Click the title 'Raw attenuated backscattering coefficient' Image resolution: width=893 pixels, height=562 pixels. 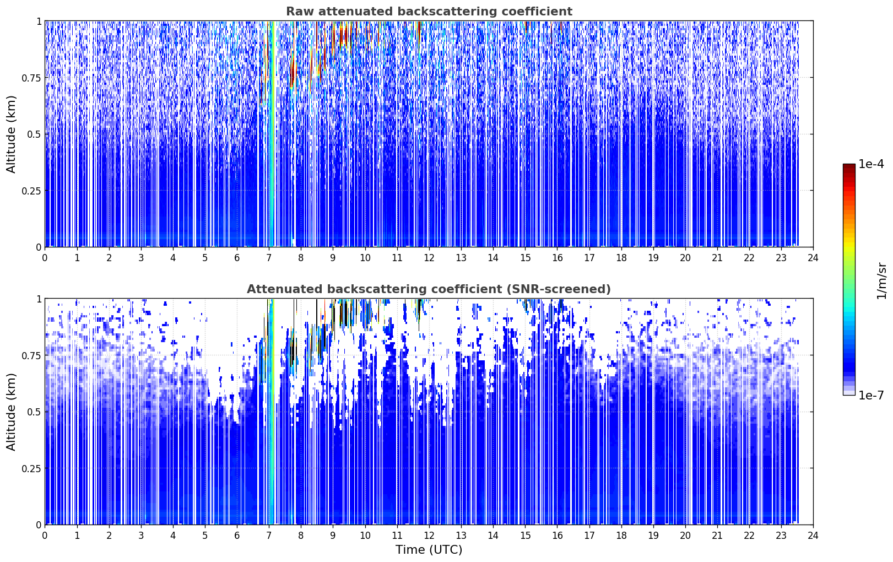[429, 12]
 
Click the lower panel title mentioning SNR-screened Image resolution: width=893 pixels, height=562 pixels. [429, 289]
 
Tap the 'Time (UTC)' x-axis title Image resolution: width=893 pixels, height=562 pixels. [429, 550]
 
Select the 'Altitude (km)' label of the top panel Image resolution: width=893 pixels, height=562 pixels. [11, 134]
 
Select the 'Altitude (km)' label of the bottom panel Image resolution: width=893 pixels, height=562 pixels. [11, 412]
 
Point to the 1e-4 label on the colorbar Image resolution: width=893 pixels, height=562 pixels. [871, 164]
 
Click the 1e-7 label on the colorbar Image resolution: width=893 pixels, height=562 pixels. [871, 396]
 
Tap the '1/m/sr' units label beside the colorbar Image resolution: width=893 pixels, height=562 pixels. [881, 280]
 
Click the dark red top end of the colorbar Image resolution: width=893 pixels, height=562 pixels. [849, 166]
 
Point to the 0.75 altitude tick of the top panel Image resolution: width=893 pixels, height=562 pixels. [31, 78]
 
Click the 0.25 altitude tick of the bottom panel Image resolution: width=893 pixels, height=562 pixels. [31, 468]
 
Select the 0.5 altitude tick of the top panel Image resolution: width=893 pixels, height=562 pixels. [34, 134]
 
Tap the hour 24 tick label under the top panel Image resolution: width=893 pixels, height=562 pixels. [813, 258]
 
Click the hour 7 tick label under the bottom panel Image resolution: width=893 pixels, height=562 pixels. [269, 536]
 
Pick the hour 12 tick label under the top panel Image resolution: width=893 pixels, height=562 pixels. [429, 258]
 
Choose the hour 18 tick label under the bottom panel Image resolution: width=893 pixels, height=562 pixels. [621, 536]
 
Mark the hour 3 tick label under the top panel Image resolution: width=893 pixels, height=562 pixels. [140, 258]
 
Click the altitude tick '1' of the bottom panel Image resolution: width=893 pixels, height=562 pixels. [39, 299]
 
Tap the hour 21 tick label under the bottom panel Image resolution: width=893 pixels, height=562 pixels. [717, 536]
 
